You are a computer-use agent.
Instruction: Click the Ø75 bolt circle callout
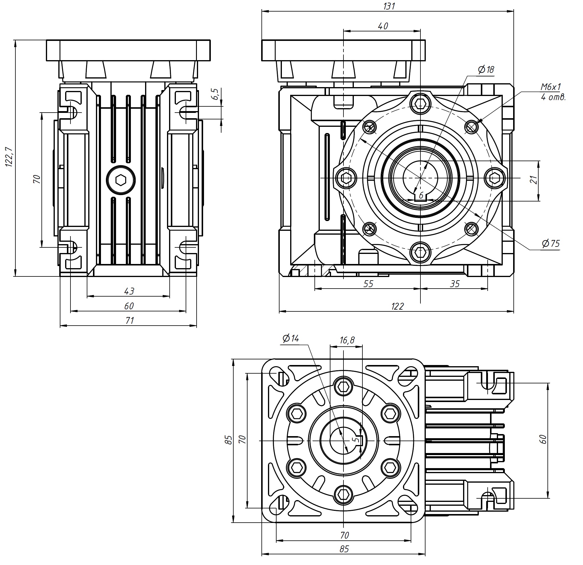(550, 244)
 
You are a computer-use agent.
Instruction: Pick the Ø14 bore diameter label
(290, 338)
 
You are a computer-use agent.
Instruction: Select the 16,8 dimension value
(347, 340)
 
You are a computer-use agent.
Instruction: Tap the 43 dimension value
(129, 291)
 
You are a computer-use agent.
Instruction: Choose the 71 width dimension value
(129, 321)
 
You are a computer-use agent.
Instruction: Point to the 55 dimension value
(368, 284)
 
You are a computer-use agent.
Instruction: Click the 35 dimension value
(454, 284)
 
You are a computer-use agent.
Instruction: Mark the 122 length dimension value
(397, 306)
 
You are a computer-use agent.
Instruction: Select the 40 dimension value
(383, 26)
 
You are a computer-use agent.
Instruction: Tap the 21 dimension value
(534, 180)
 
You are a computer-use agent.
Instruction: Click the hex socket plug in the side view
(121, 180)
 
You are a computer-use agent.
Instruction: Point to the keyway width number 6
(421, 196)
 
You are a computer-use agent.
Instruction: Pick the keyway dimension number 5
(354, 439)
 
